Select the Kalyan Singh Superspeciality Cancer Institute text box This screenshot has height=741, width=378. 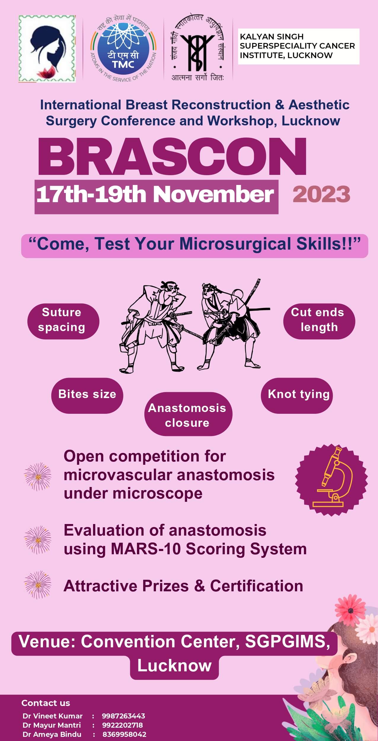tap(299, 46)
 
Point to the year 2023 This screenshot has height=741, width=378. tap(321, 194)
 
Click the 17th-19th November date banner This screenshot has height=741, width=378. tap(156, 197)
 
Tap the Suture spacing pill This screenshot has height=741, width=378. tap(63, 321)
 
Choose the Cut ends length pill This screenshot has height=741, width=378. tap(319, 321)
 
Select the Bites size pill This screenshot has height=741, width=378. tap(87, 395)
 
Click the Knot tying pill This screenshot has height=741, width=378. tap(297, 395)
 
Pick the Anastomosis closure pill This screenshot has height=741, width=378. tap(188, 414)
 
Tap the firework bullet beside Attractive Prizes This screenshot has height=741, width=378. tap(38, 586)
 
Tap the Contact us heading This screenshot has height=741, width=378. tap(46, 703)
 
